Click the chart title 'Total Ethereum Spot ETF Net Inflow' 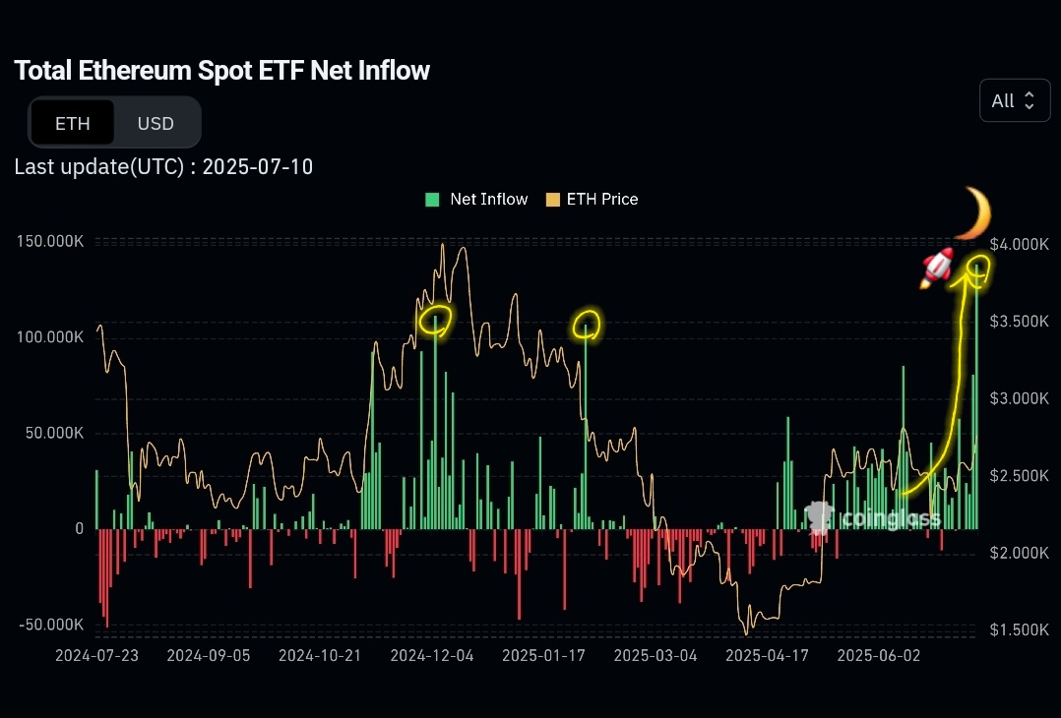point(222,70)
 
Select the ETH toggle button point(73,123)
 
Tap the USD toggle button point(156,123)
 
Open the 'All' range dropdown point(1015,100)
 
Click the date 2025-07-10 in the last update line point(258,167)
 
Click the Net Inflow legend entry point(476,200)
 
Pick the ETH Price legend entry point(593,200)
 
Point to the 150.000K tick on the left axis point(50,241)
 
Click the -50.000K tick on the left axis point(51,624)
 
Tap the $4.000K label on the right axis point(1019,244)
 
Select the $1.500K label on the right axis point(1019,629)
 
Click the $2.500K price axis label point(1019,475)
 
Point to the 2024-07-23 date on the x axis point(96,656)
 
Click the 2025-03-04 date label point(655,656)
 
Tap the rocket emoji point(937,268)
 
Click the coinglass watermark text point(891,519)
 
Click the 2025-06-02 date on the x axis point(878,656)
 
